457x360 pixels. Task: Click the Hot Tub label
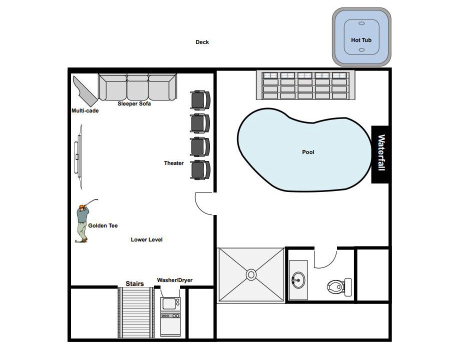[x=361, y=40]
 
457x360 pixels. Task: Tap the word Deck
[x=202, y=42]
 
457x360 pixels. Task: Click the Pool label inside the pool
[x=308, y=152]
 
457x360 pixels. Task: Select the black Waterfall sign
[x=380, y=154]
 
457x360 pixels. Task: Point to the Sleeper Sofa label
[x=134, y=103]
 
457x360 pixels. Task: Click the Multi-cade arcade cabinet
[x=85, y=91]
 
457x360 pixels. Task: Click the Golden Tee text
[x=103, y=225]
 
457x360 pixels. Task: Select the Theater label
[x=173, y=163]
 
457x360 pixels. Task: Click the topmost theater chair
[x=200, y=100]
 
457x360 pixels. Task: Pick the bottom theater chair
[x=200, y=169]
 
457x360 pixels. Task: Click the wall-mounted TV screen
[x=78, y=157]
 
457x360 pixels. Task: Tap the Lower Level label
[x=146, y=239]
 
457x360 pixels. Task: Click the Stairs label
[x=134, y=283]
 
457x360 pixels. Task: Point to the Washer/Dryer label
[x=175, y=280]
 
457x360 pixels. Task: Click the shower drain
[x=251, y=274]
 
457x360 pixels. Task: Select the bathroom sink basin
[x=298, y=280]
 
